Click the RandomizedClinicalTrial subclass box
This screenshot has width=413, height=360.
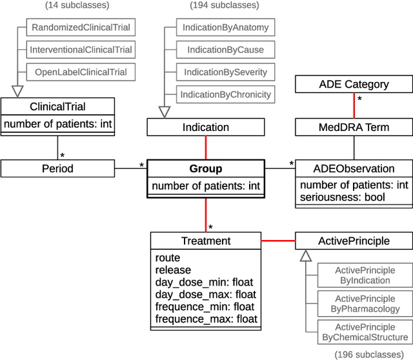point(81,27)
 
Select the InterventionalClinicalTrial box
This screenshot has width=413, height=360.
point(81,50)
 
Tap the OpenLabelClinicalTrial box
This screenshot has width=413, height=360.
point(81,72)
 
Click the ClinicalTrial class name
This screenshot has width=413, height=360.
point(57,106)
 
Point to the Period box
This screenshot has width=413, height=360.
point(57,169)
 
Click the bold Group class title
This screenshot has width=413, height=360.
point(205,169)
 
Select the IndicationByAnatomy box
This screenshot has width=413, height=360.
point(225,28)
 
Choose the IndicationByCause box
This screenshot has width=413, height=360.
point(225,50)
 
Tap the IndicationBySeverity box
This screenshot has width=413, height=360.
point(225,72)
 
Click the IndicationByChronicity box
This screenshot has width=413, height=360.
point(225,94)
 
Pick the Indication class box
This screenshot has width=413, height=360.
point(205,127)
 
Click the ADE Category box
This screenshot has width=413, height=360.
point(354,84)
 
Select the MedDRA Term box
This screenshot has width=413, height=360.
point(354,127)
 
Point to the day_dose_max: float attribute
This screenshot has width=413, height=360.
point(204,294)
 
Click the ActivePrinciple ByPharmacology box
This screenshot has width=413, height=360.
point(365,304)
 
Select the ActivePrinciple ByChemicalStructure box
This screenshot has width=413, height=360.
point(365,332)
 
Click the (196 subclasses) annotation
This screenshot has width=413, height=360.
point(370,354)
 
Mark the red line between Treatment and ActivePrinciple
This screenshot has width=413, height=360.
point(277,241)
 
